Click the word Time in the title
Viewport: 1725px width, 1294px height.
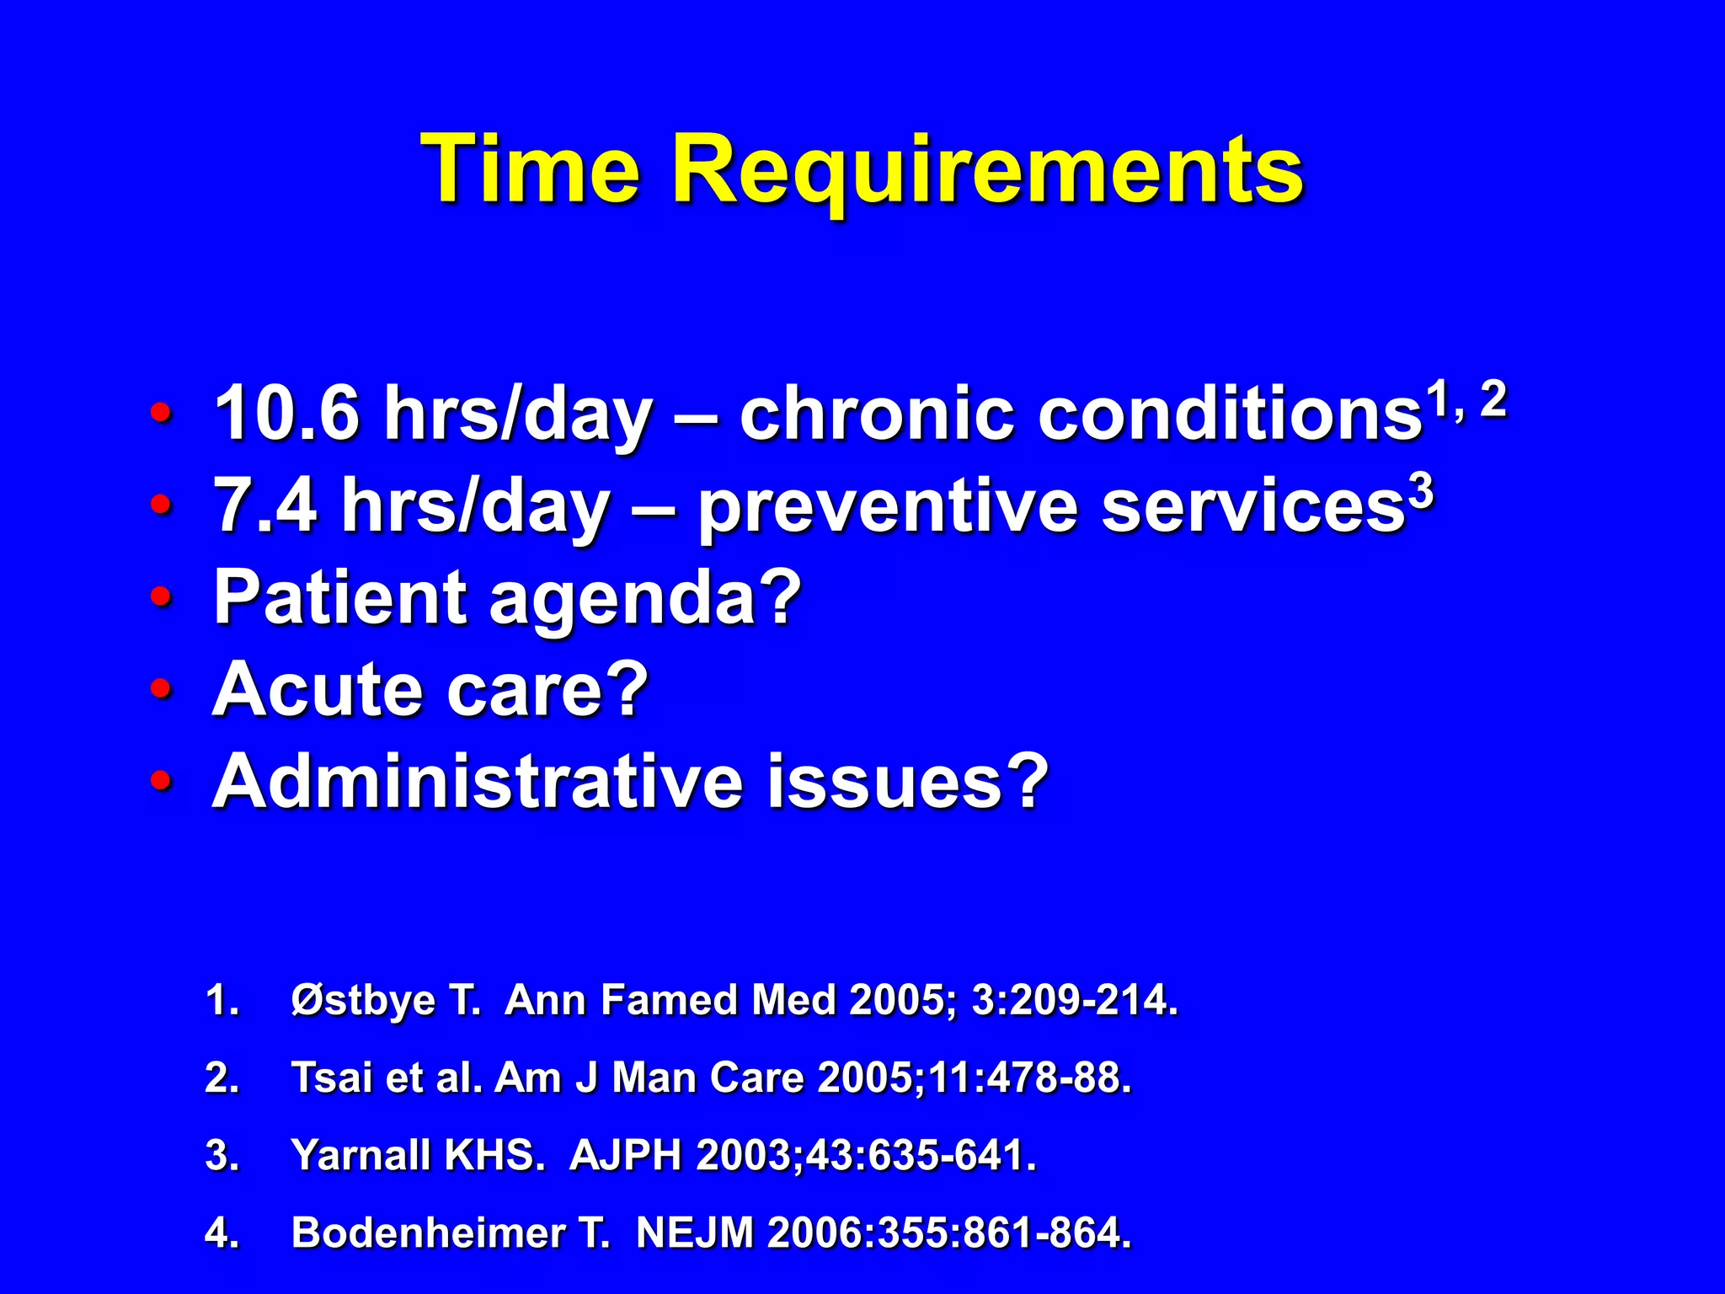tap(530, 170)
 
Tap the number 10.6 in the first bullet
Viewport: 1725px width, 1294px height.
tap(287, 413)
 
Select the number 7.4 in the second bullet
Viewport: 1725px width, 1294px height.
tap(265, 505)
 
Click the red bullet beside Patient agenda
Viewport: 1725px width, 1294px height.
tap(161, 597)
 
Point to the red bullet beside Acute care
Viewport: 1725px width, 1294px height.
tap(161, 690)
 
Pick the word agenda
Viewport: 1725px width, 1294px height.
tap(644, 599)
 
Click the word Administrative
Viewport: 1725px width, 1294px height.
tap(477, 781)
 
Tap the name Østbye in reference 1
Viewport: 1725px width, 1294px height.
tap(362, 1001)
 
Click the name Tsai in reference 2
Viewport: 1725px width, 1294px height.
tap(330, 1077)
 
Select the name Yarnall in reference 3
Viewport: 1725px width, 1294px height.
tap(360, 1155)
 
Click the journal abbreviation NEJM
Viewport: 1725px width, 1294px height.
tap(694, 1233)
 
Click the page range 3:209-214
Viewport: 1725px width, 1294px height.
tap(1074, 1001)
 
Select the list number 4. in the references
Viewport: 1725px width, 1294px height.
tap(222, 1233)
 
